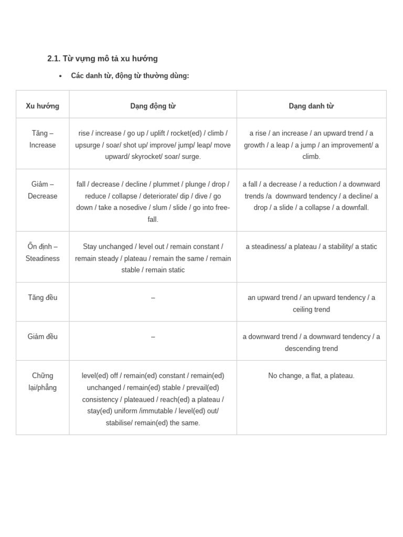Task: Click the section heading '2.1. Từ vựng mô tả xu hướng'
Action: pos(102,59)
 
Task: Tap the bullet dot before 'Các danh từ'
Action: pos(60,76)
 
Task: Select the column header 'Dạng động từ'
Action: pos(153,106)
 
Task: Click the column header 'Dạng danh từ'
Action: pos(311,106)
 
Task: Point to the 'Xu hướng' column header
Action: pos(43,106)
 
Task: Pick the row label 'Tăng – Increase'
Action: pos(43,139)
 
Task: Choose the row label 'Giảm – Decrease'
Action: pos(43,190)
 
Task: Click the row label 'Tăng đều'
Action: pos(43,297)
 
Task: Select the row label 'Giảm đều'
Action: pos(43,337)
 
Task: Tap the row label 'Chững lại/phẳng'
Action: pos(43,381)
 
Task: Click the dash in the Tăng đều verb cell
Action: pos(153,298)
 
